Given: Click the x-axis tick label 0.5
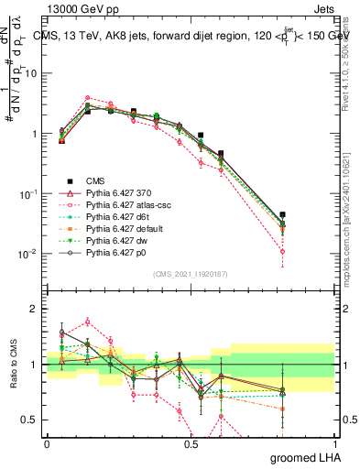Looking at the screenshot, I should tap(191, 443).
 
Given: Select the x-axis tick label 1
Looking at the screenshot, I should tap(334, 443).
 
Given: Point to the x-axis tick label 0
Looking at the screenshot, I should tap(47, 443).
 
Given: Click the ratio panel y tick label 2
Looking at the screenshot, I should tap(34, 309).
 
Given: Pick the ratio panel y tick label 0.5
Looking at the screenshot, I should tap(29, 420).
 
